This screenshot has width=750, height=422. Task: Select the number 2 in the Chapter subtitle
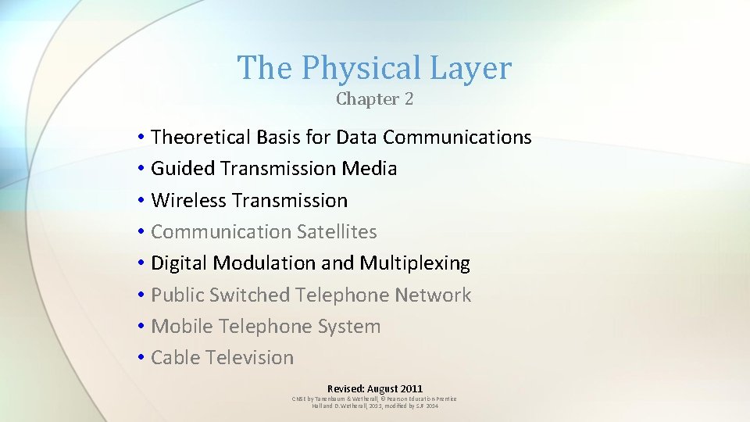(409, 99)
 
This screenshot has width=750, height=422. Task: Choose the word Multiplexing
(415, 264)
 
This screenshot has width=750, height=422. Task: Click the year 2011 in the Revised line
(410, 388)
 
